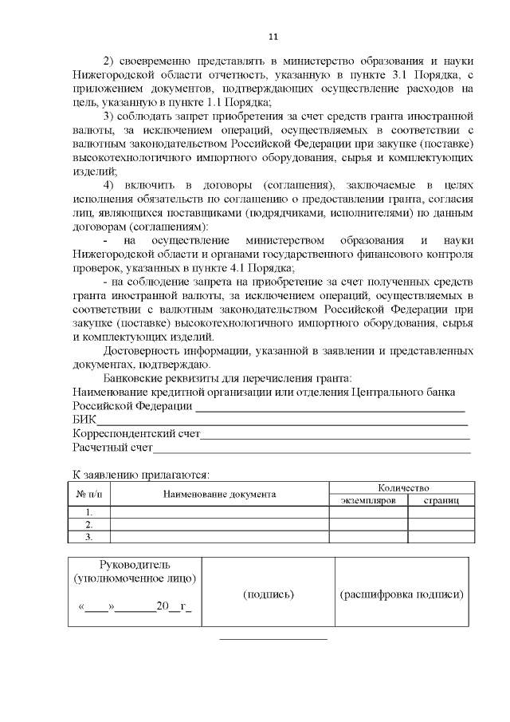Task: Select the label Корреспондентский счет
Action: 135,434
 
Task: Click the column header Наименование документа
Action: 219,495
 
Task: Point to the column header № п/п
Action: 89,495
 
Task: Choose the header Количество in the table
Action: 403,487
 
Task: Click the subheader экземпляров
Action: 369,500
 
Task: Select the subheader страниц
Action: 441,500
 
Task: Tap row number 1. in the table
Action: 89,512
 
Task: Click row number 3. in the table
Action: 89,537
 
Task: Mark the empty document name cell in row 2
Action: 219,525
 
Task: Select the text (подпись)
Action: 267,594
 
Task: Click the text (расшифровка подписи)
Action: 402,594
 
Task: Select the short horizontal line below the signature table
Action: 273,639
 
